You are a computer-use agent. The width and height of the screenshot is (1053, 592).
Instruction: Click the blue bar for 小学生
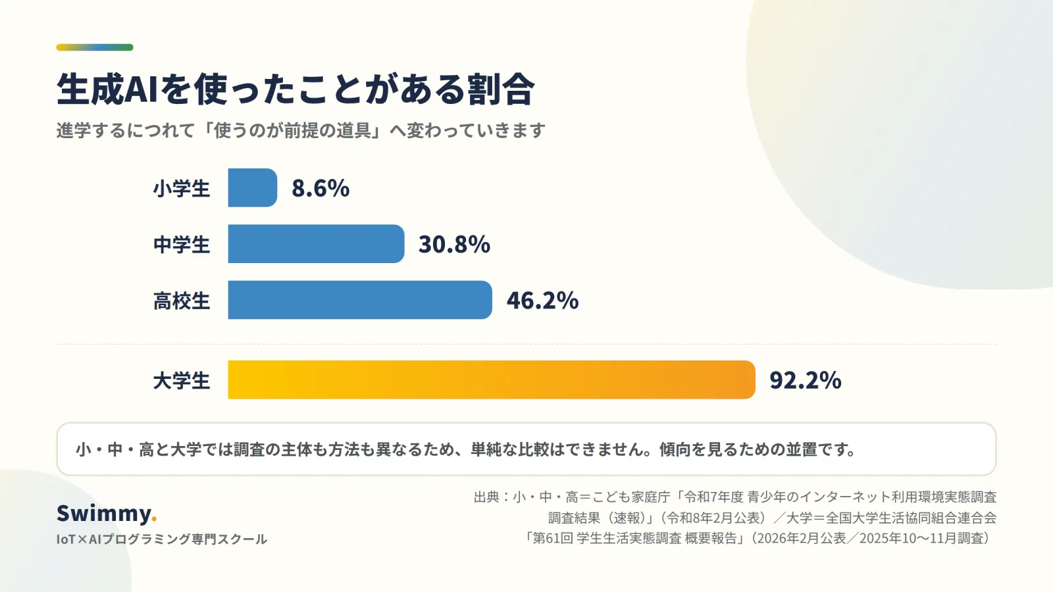coord(253,187)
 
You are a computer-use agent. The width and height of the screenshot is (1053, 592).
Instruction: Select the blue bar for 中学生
coord(316,244)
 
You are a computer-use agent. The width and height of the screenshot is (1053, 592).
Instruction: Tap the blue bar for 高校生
coord(360,300)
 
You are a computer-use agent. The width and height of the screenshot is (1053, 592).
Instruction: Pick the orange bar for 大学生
coord(492,380)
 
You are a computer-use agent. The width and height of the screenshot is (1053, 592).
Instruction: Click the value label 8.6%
coord(321,188)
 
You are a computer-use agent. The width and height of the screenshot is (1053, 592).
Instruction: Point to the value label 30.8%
coord(454,244)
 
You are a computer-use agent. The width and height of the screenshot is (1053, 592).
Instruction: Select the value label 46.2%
coord(542,300)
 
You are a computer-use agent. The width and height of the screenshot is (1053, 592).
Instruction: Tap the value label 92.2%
coord(806,380)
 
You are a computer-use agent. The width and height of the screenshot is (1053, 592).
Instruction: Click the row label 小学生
coord(182,188)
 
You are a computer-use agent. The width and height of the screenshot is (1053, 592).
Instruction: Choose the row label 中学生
coord(182,245)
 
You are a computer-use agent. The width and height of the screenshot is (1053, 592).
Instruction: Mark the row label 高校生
coord(182,301)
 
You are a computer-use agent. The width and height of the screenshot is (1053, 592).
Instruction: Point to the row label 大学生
coord(182,381)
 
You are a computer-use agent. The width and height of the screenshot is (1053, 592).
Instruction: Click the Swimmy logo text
coord(104,514)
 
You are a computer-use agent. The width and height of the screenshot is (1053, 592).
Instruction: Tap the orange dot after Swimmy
coord(154,519)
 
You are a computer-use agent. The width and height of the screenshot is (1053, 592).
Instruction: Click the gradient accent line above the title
coord(95,47)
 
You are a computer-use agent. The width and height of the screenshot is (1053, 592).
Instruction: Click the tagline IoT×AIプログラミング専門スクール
coord(162,539)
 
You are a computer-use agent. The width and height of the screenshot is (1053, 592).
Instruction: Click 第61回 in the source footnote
coord(553,538)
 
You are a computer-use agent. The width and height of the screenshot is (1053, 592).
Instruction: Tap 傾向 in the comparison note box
coord(675,449)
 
